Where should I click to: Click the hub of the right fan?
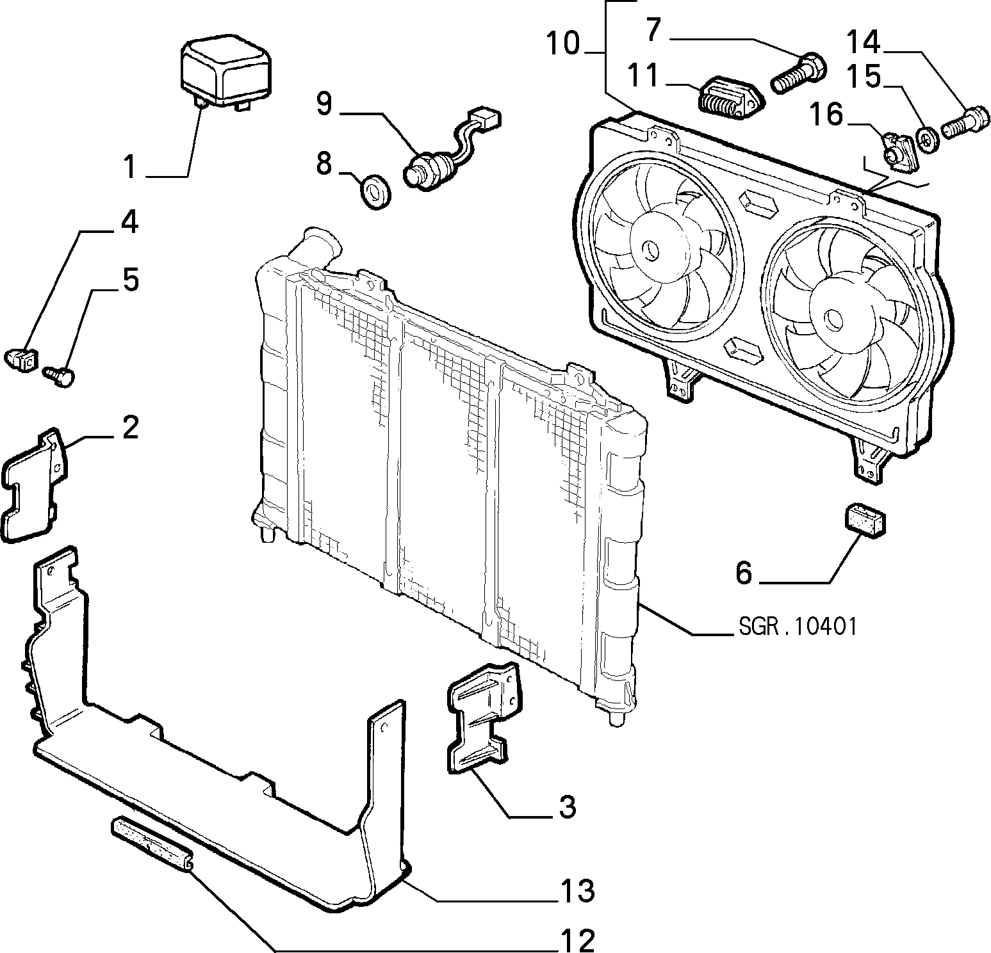tap(833, 317)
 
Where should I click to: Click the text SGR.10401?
tap(797, 626)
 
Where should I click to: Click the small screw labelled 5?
tap(60, 375)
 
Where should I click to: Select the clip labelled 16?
tap(901, 152)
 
